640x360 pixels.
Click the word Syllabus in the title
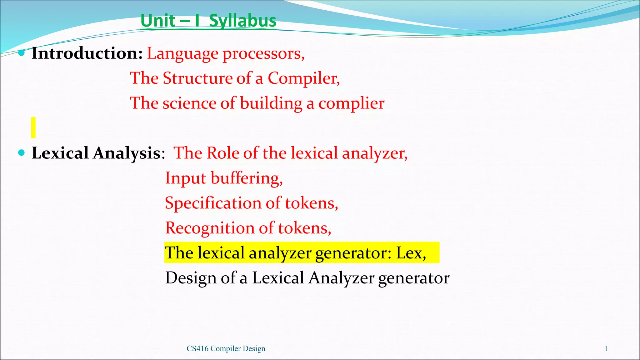[x=242, y=21]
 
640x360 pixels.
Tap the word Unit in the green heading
[x=158, y=21]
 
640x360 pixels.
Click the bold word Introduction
[x=87, y=53]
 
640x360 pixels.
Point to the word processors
[x=263, y=54]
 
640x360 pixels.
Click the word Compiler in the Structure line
[x=303, y=78]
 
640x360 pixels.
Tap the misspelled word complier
[x=351, y=103]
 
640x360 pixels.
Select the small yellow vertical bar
[x=33, y=127]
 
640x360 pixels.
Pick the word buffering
[x=247, y=178]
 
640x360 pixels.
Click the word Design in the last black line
[x=191, y=278]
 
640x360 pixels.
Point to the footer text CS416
[x=197, y=348]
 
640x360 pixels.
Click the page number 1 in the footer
[x=606, y=348]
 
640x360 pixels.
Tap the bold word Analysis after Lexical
[x=127, y=153]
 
